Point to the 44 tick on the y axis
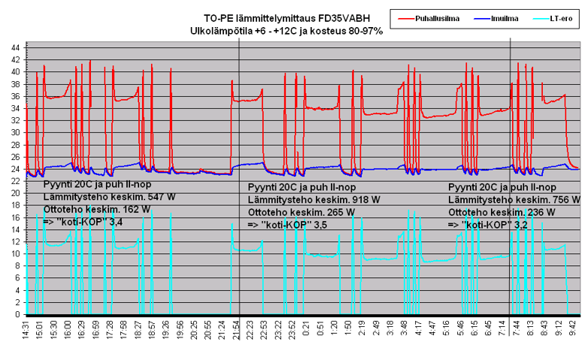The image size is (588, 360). pos(16,47)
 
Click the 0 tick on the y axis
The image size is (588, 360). pos(18,314)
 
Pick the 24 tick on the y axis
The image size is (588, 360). pos(16,168)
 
